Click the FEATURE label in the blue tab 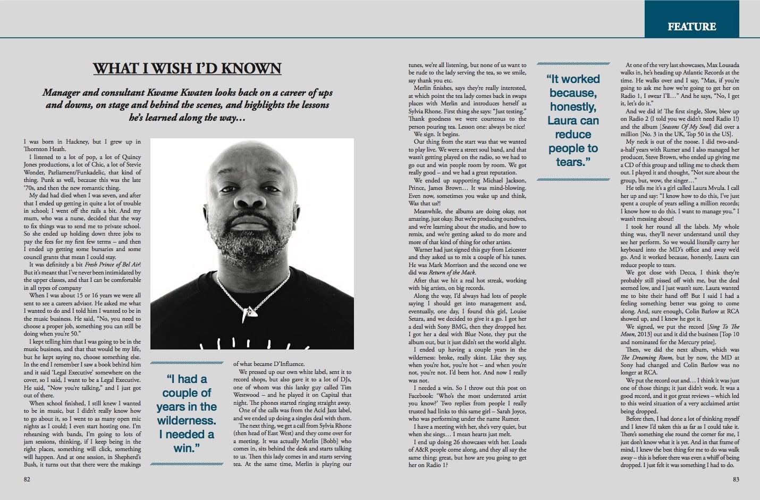(691, 27)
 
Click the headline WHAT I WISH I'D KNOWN (187, 69)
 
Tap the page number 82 (27, 479)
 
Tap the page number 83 (736, 479)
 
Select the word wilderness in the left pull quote (187, 421)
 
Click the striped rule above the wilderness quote (187, 363)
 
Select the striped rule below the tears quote (573, 180)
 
